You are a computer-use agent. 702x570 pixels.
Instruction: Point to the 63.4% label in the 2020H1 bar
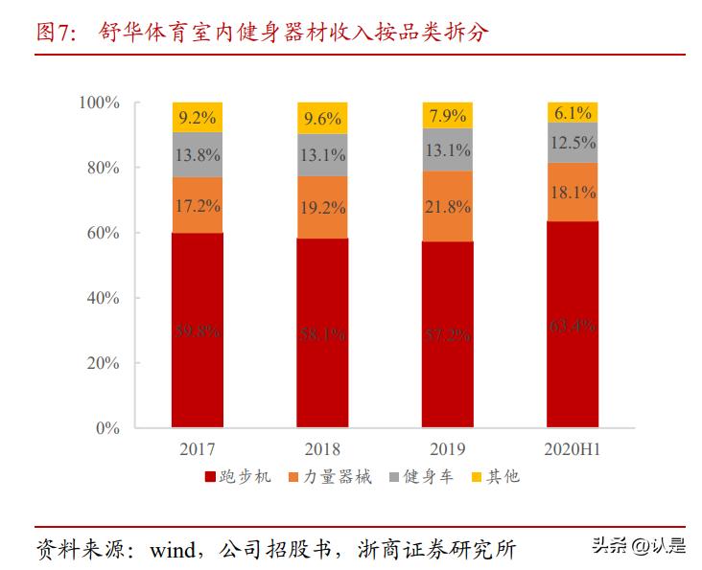coord(572,327)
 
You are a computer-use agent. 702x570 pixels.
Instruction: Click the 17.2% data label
coord(198,205)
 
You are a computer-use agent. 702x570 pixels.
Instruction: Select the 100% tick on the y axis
coord(99,103)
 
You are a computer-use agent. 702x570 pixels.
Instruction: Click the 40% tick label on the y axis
coord(103,298)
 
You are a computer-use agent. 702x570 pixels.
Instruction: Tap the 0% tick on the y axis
coord(106,428)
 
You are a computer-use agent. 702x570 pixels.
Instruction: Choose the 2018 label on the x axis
coord(322,447)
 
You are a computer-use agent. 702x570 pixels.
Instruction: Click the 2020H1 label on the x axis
coord(572,447)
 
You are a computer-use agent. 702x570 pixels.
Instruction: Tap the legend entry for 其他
coord(496,476)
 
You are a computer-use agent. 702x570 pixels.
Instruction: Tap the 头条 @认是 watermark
coord(638,546)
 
